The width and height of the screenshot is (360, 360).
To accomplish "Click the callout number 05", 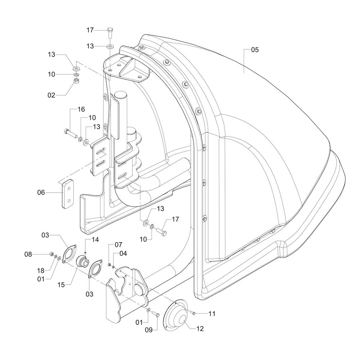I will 255,50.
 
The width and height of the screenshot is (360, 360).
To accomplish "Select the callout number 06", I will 41,193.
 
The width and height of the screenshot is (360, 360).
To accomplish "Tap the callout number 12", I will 200,328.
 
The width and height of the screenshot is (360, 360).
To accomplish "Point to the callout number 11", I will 212,314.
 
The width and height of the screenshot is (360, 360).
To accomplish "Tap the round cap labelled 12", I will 177,316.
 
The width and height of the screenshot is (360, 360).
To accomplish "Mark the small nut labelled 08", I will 51,255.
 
